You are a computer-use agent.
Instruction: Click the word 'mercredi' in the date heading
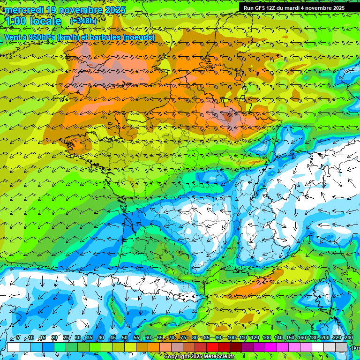[x=23, y=10]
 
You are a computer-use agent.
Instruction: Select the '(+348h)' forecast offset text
[x=83, y=21]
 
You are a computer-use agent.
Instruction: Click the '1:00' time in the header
[x=17, y=22]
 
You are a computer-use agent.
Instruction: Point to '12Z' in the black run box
[x=275, y=8]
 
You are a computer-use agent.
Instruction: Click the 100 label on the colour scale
[x=232, y=338]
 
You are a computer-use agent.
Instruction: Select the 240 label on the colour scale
[x=349, y=338]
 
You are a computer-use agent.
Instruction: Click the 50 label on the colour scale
[x=125, y=338]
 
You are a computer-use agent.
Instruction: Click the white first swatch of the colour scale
[x=13, y=347]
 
